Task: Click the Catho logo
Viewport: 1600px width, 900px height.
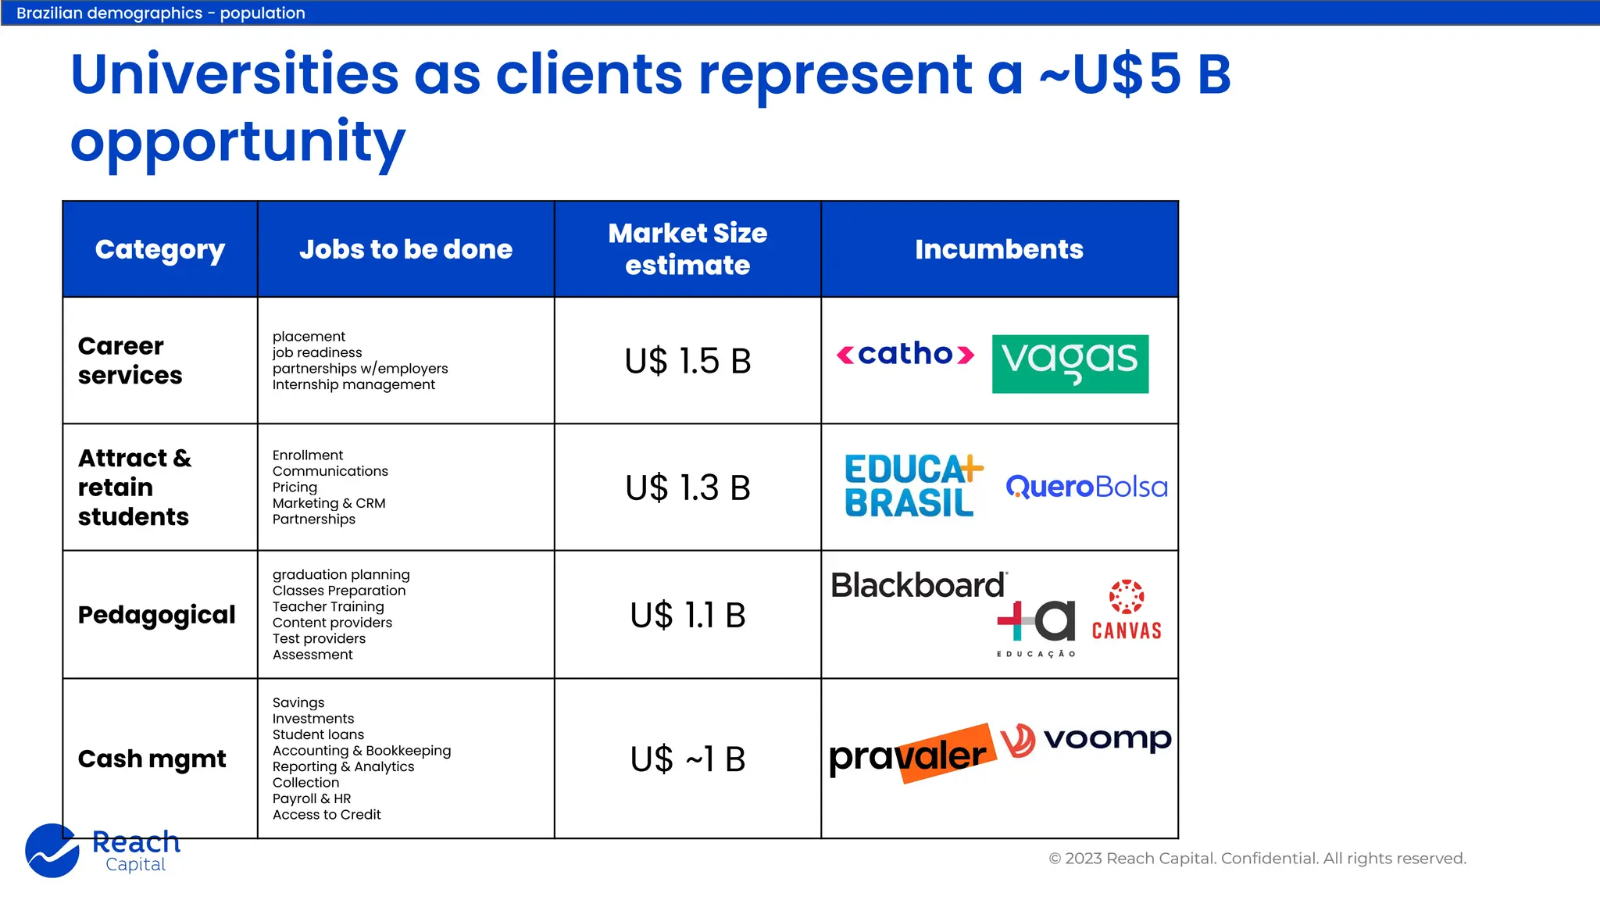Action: click(x=905, y=355)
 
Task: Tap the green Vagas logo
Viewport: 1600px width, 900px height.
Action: click(x=1070, y=363)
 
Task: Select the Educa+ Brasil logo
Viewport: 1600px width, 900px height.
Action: click(x=912, y=486)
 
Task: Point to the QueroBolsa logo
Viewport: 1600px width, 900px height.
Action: click(x=1087, y=487)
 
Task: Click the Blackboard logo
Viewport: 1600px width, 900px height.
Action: click(x=918, y=585)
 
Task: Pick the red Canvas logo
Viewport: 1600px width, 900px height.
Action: click(x=1127, y=610)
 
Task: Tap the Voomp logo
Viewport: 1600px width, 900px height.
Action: click(x=1086, y=739)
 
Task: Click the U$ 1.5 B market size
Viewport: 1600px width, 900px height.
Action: click(x=687, y=361)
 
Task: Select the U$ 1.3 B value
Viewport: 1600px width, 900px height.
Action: click(x=687, y=487)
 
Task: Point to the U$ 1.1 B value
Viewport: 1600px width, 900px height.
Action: click(x=687, y=615)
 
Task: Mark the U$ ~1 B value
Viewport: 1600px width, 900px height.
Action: click(x=687, y=759)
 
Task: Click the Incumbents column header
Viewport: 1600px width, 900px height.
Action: click(x=999, y=249)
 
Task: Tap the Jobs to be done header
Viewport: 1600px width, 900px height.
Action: click(x=405, y=249)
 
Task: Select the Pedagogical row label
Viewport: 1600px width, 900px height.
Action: click(x=156, y=615)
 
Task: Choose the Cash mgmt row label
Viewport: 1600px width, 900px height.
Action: click(x=152, y=759)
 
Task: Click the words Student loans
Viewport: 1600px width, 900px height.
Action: click(x=318, y=734)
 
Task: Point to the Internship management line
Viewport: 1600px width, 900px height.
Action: click(x=353, y=384)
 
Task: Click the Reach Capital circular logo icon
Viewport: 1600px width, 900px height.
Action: click(x=52, y=851)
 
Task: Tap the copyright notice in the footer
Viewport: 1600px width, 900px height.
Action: click(x=1257, y=859)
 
